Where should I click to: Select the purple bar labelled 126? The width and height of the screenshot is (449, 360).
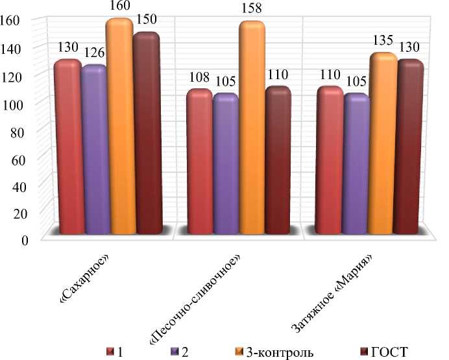(93, 149)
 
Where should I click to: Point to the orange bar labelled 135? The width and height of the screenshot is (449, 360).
(383, 143)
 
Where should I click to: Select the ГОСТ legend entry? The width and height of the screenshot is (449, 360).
(389, 352)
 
